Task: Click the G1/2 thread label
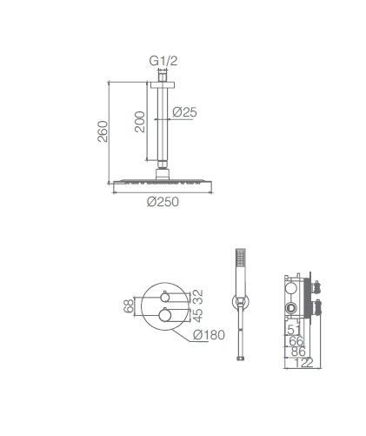[163, 61]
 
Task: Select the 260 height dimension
[103, 131]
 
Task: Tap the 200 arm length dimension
[140, 122]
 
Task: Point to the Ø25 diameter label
[185, 112]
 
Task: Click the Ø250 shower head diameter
[163, 202]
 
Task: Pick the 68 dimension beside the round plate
[129, 305]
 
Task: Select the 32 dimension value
[198, 296]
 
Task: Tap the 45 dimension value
[198, 315]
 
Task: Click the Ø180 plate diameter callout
[209, 335]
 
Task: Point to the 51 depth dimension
[294, 330]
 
